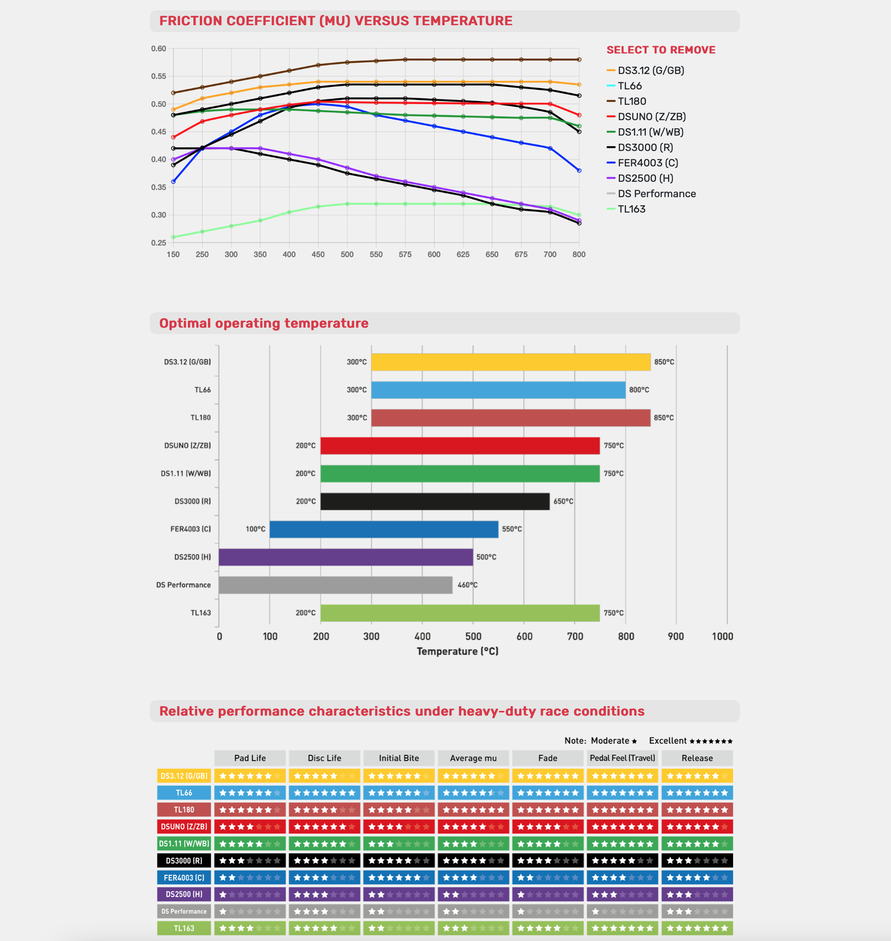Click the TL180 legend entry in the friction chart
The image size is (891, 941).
pos(631,101)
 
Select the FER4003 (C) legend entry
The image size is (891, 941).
pos(647,163)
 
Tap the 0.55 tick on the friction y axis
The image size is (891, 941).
pos(159,76)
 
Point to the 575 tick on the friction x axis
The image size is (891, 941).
pos(405,254)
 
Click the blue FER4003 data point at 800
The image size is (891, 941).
pos(579,170)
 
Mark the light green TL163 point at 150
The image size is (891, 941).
pos(173,237)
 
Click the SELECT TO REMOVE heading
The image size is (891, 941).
pos(661,50)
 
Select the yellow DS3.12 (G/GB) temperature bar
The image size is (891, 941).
pos(511,362)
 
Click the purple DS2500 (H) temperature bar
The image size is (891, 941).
pos(346,557)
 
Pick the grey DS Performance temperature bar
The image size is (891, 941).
pos(336,585)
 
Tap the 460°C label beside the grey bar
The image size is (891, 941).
pos(467,585)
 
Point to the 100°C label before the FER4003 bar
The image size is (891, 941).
pos(255,529)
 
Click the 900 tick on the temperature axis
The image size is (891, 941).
pos(676,636)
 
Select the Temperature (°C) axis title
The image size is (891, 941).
pos(457,651)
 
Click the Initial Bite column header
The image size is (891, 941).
pos(399,758)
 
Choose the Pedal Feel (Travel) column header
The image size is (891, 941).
pos(622,758)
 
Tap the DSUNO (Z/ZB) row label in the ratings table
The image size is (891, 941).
pos(184,826)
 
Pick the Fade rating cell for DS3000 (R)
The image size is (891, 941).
pos(548,860)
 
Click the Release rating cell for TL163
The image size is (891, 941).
pos(697,928)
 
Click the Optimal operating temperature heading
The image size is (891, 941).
pos(264,323)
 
